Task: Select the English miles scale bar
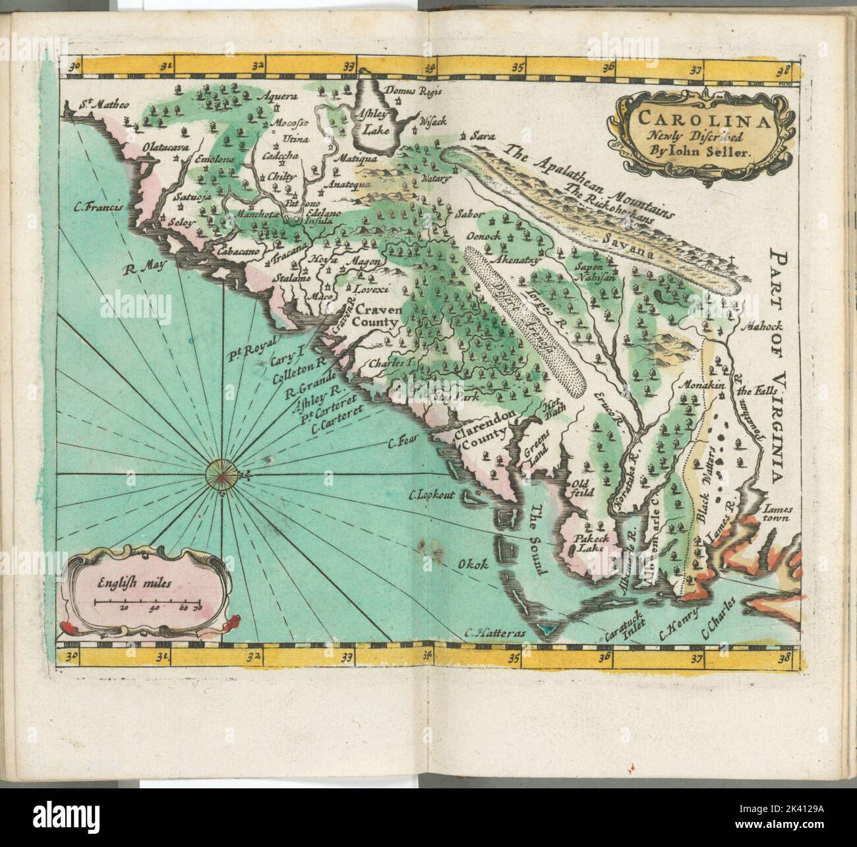point(146,602)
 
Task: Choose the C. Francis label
point(99,208)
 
